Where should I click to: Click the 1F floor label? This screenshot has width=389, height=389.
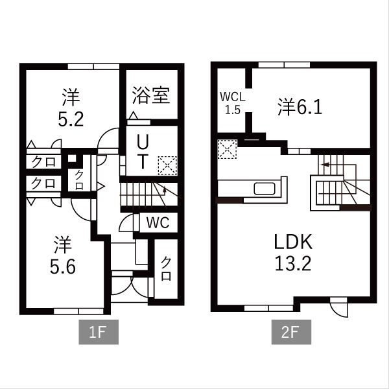click(x=97, y=334)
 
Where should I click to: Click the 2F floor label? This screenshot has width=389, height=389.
click(x=290, y=334)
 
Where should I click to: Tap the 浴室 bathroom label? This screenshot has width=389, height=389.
click(x=151, y=95)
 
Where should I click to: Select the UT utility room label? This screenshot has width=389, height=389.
click(x=144, y=150)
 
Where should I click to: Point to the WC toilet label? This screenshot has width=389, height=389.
click(x=158, y=222)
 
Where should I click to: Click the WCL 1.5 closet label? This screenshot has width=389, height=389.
click(x=232, y=102)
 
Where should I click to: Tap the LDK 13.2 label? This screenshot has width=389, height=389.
click(x=293, y=253)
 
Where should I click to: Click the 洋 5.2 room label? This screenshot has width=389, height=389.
click(x=71, y=108)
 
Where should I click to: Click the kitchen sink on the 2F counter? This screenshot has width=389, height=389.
click(x=266, y=189)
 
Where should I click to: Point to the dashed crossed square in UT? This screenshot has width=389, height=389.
click(x=168, y=165)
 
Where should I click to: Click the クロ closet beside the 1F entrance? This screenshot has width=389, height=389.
click(x=166, y=268)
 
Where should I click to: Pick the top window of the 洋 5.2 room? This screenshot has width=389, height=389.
click(x=93, y=65)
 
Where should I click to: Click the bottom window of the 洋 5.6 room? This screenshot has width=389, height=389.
click(x=78, y=311)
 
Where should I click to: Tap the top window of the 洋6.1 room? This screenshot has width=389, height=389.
click(x=283, y=64)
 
